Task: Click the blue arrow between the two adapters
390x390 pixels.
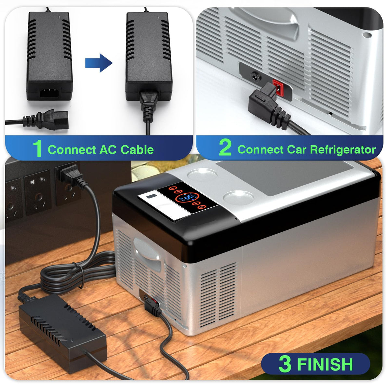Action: coord(99,63)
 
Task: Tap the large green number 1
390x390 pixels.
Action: coord(37,148)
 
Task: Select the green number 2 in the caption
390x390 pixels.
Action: coord(225,148)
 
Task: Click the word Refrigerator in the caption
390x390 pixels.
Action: coord(343,150)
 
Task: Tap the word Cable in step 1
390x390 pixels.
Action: coord(137,150)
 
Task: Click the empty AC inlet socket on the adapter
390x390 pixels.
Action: coord(50,93)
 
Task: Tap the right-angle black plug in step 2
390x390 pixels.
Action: coord(268,105)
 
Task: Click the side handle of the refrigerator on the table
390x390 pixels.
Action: coord(147,254)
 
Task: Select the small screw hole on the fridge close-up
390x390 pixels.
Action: coord(367,35)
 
